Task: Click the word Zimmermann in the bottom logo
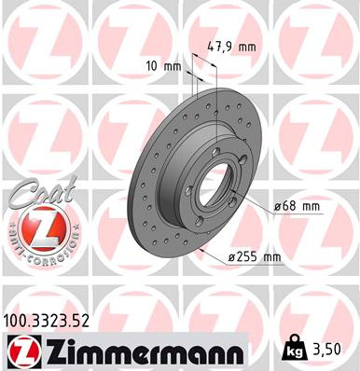pos(141,351)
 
